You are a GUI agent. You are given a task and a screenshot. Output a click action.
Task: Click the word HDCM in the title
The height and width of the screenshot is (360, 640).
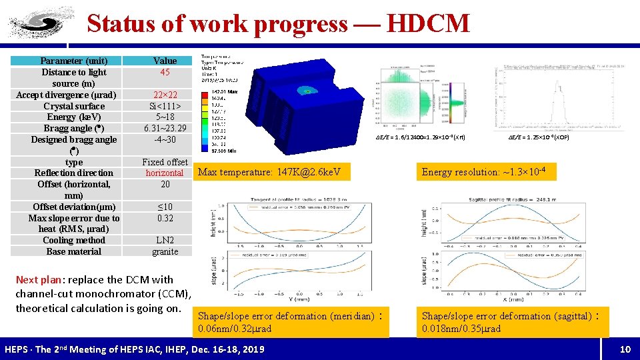point(427,23)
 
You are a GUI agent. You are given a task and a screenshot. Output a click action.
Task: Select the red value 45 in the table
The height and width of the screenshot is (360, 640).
point(165,72)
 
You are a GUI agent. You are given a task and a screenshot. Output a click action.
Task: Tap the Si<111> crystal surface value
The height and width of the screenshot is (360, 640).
point(165,106)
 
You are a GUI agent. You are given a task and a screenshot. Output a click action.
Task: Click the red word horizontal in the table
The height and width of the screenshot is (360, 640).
point(165,173)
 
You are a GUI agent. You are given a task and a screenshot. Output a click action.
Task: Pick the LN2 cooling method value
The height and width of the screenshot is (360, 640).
point(165,240)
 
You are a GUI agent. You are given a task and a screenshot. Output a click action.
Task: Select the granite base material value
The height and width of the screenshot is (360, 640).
point(165,251)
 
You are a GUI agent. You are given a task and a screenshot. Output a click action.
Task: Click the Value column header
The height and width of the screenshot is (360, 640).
point(165,61)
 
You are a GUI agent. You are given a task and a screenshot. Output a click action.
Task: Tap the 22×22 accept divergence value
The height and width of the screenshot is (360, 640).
point(165,95)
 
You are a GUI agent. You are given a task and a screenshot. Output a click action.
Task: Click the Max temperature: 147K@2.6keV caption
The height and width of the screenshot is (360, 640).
point(269,173)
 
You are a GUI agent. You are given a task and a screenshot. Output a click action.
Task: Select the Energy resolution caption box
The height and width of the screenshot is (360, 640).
point(484,173)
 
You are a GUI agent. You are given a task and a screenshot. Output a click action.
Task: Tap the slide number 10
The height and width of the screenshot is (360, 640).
point(625,349)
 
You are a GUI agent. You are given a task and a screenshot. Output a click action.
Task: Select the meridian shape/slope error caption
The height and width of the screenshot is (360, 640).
point(291,322)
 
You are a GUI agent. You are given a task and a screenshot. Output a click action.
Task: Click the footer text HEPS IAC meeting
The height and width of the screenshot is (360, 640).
point(134,349)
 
